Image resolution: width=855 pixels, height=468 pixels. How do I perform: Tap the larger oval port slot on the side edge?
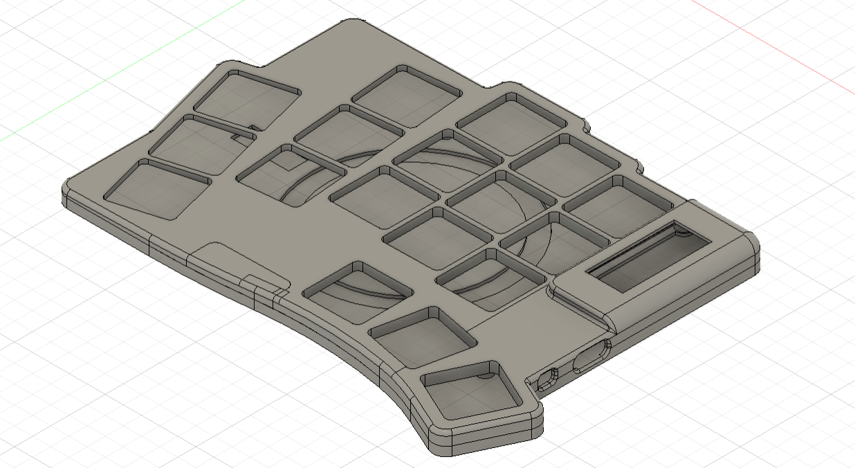click(x=591, y=355)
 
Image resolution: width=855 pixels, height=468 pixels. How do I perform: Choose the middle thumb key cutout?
click(x=423, y=335)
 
